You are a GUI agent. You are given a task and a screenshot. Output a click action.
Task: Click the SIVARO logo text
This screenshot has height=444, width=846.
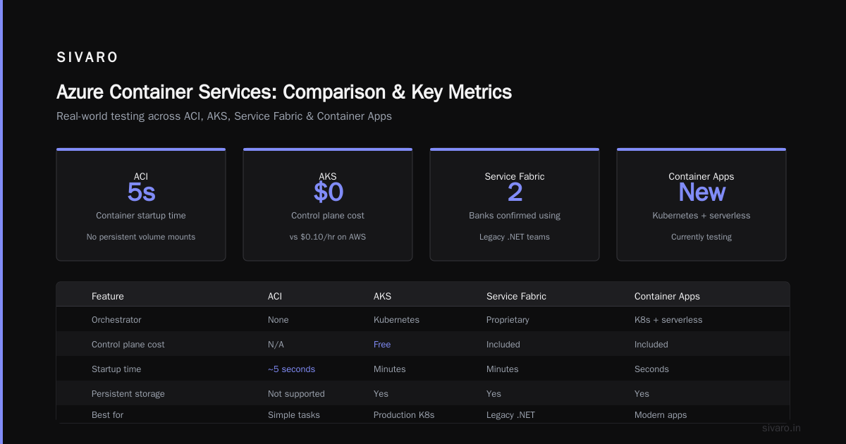coord(87,57)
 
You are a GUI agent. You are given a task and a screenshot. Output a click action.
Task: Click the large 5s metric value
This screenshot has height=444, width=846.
coord(141,192)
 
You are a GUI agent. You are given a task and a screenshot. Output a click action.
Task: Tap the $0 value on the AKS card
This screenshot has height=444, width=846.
coord(329,192)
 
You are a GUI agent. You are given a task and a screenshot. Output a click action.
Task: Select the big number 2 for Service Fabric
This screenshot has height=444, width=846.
coord(515,192)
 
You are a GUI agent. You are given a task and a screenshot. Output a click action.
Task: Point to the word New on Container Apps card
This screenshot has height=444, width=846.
coord(701,192)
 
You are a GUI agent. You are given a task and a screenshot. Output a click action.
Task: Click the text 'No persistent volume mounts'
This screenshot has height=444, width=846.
coord(141,237)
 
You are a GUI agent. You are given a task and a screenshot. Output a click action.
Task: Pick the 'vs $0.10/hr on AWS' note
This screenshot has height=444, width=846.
coord(328,237)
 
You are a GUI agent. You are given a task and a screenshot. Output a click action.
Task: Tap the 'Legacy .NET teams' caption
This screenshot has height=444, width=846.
coord(515,237)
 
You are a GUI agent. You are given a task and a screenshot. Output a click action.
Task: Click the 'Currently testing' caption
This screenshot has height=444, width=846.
coord(701,237)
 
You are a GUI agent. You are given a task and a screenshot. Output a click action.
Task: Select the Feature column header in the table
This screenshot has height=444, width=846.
coord(108,297)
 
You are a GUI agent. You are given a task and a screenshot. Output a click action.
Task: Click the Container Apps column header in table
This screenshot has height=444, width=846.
coord(667,297)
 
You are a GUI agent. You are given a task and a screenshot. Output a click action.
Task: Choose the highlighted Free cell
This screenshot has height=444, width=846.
coord(382,345)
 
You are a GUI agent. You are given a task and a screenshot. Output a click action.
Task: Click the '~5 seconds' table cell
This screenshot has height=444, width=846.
coord(291,369)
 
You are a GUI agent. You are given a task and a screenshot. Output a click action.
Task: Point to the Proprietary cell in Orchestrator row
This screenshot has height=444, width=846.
coord(508,320)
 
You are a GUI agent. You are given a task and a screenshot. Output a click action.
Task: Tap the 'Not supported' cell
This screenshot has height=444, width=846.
coord(296,394)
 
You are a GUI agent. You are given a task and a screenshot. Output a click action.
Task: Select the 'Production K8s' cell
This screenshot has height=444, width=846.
coord(404,415)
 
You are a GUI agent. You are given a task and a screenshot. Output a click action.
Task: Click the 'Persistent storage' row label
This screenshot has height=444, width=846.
coord(128,394)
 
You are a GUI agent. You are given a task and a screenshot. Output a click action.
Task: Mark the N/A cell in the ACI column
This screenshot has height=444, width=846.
coord(276,345)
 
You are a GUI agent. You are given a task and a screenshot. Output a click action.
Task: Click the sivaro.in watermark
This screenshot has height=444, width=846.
coord(781,428)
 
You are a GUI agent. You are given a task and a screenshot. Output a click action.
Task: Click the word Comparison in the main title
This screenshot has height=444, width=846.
coord(334,92)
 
